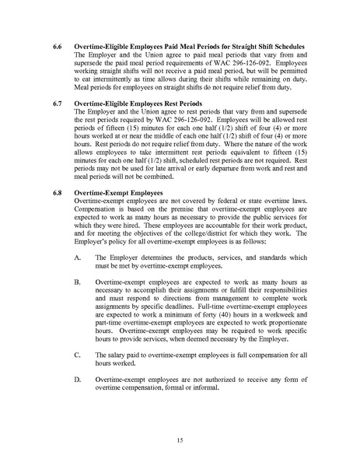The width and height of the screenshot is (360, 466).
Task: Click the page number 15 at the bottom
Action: (180, 440)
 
